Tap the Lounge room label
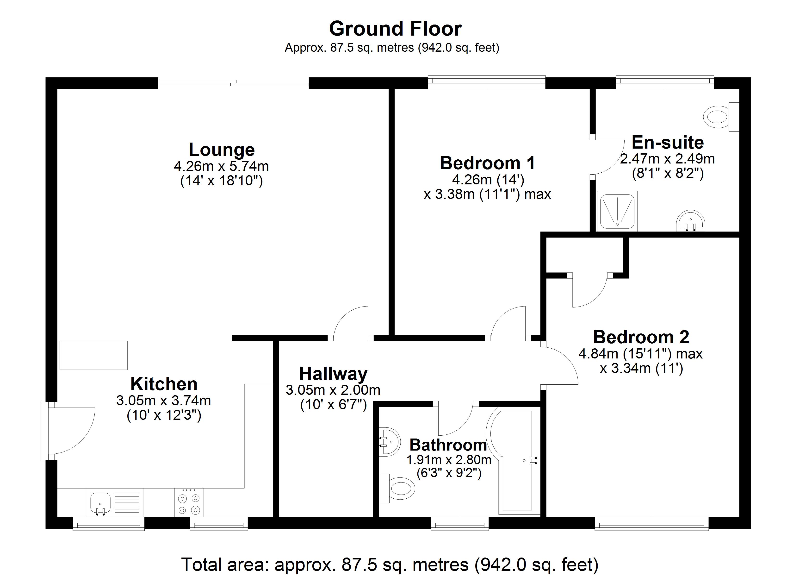222,150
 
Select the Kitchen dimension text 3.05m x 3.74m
164,401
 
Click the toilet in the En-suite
721,117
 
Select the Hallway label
333,374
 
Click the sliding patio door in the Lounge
233,83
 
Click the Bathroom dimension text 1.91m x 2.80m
449,460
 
